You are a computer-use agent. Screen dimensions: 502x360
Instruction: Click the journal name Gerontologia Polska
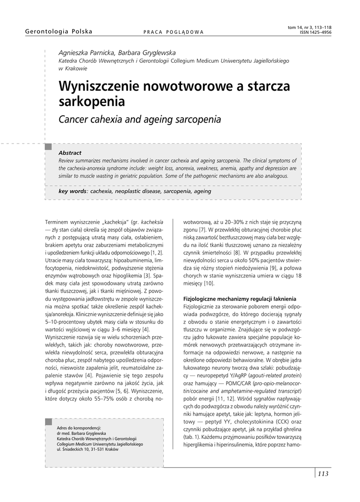tap(58, 32)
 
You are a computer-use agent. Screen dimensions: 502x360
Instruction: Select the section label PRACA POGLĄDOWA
tap(173, 32)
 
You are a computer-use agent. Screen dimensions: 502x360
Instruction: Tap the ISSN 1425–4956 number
tap(315, 32)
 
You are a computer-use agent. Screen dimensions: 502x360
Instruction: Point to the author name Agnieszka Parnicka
tap(86, 52)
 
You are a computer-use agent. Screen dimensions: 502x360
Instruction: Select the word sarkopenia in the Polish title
tap(92, 102)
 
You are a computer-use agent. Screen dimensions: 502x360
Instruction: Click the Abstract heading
tap(70, 153)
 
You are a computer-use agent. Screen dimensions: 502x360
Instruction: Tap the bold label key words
tap(72, 191)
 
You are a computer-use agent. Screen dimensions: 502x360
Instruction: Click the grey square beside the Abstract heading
tap(48, 147)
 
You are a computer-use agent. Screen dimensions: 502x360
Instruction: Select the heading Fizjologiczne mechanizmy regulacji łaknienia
tap(239, 299)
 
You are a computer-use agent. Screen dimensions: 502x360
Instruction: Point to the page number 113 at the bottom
tap(323, 474)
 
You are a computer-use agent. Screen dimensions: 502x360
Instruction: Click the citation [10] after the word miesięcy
tap(208, 283)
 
